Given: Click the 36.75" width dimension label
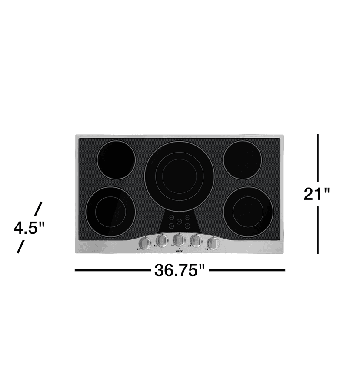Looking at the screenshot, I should (180, 270).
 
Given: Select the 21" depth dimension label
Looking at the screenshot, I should (317, 193).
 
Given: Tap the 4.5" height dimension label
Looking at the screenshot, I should (30, 227).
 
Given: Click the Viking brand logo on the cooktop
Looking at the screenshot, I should (179, 250).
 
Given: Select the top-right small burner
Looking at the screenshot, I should (243, 159).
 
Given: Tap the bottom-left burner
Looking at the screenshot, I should (110, 212).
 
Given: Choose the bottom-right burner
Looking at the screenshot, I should (248, 212).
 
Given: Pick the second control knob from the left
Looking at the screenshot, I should (162, 240).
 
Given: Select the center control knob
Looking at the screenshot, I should (179, 239).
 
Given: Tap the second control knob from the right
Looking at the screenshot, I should (197, 240).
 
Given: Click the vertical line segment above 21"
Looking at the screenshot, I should (318, 157).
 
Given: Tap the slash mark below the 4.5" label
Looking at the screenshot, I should (20, 246).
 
